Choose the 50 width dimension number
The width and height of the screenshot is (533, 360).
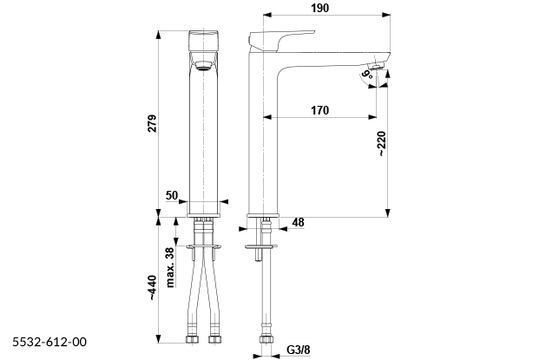(x=172, y=196)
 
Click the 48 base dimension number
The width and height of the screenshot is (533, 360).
(x=298, y=222)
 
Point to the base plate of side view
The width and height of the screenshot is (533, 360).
(x=263, y=216)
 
